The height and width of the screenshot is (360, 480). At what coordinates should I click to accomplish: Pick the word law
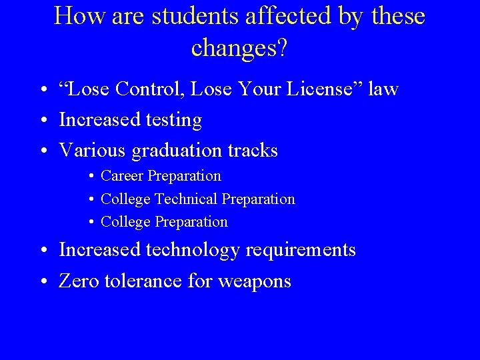click(x=383, y=89)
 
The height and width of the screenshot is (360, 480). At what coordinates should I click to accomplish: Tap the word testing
click(x=171, y=121)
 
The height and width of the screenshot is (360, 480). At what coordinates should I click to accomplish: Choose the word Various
click(x=93, y=151)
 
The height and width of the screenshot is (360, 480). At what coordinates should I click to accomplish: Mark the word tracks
click(x=253, y=151)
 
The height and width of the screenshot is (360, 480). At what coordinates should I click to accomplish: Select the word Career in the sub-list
click(x=122, y=176)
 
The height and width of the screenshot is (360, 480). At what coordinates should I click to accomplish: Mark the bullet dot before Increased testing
click(x=42, y=121)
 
